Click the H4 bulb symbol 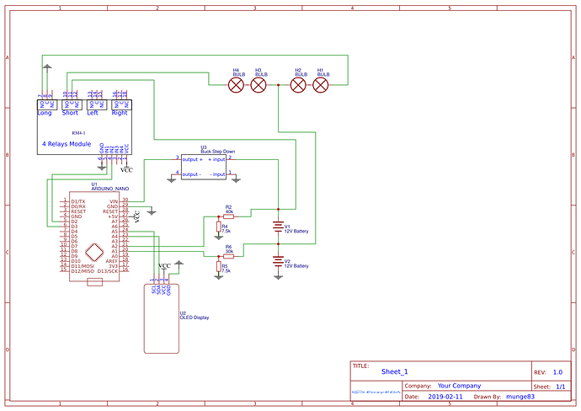point(237,84)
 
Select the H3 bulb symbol point(259,84)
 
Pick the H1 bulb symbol point(321,84)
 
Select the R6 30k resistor point(229,254)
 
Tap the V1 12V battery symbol point(278,227)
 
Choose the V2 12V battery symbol point(278,262)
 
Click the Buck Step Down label point(217,151)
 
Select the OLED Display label point(195,318)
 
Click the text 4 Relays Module point(67,144)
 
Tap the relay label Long point(45,113)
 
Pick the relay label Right point(120,113)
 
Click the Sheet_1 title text point(394,371)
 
